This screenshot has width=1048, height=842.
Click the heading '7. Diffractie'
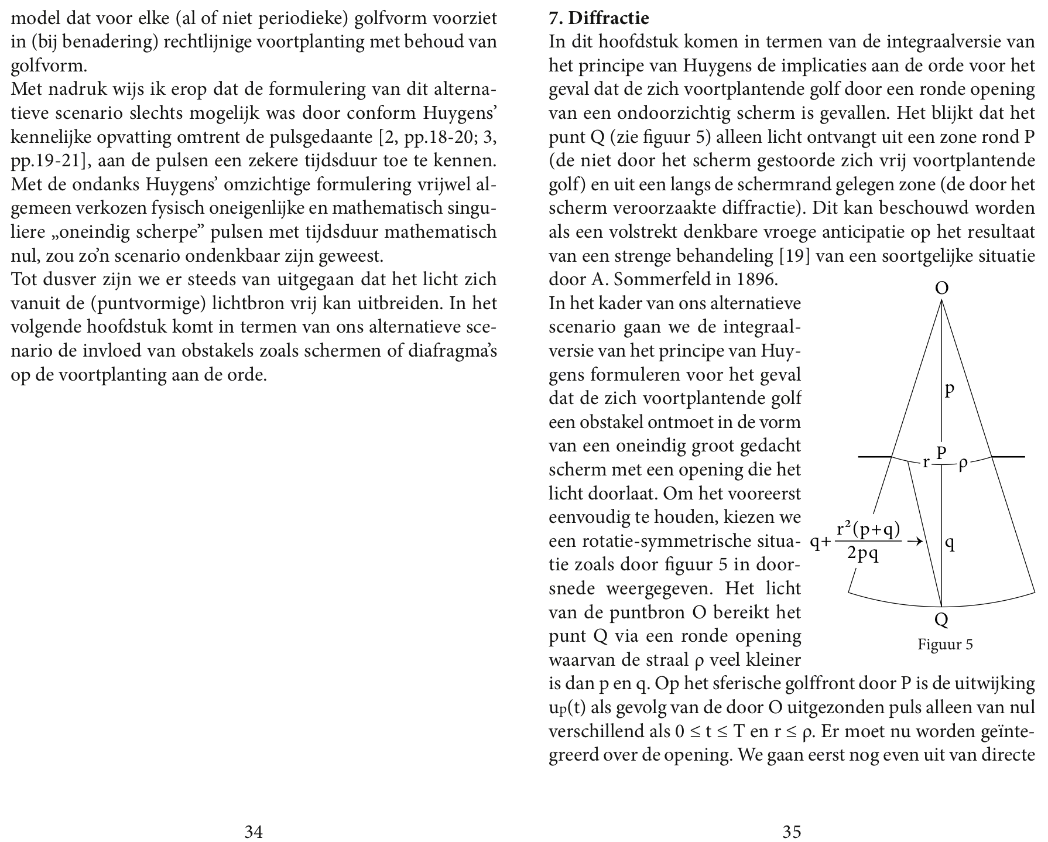(598, 18)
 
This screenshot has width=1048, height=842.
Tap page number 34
(253, 831)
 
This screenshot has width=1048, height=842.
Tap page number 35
(792, 831)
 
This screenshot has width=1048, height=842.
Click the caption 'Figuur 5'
(945, 645)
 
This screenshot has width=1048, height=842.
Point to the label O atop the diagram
(942, 288)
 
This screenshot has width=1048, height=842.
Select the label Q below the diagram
(942, 619)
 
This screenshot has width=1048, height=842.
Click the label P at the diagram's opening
(941, 452)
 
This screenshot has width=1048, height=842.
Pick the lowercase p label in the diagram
(950, 389)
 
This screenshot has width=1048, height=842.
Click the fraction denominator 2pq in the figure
(862, 554)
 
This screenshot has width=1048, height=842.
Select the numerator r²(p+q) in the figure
(868, 529)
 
